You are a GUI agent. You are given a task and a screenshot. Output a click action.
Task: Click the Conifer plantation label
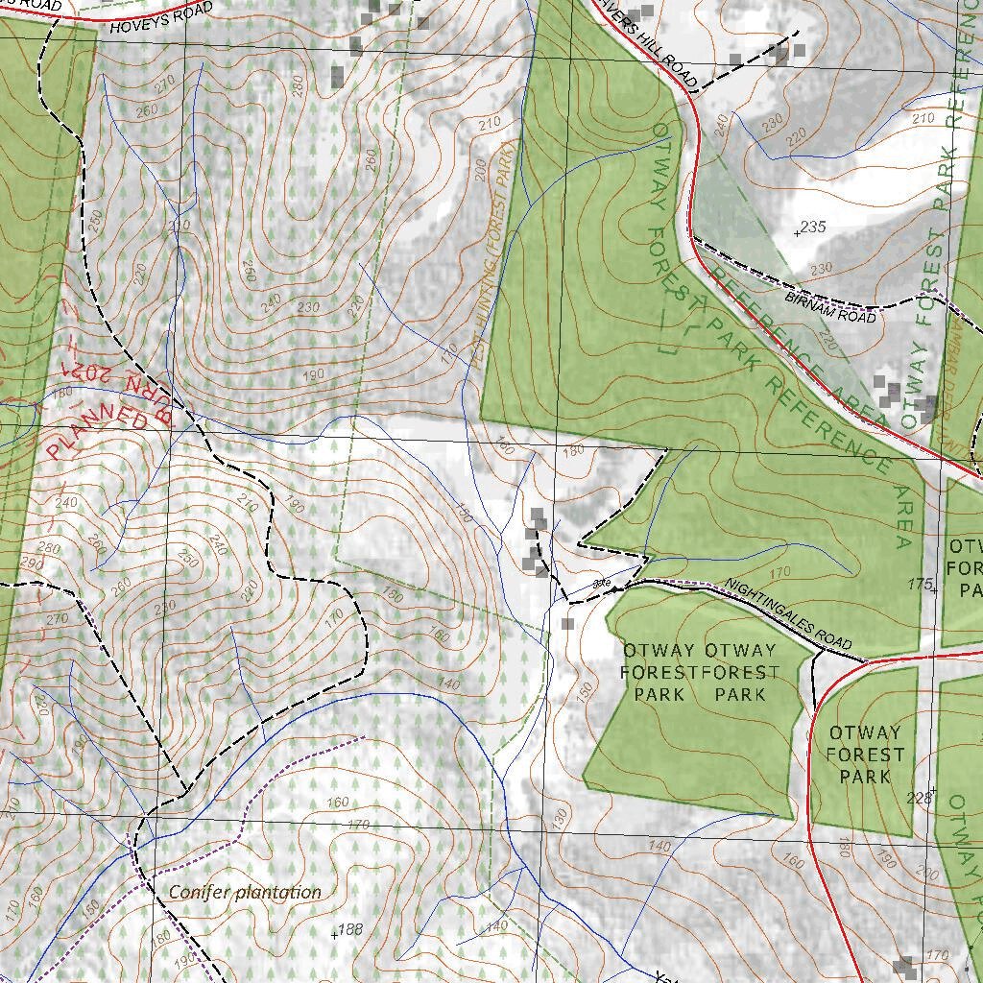pyautogui.click(x=245, y=892)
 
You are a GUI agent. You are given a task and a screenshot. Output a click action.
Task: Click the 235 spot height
pyautogui.click(x=811, y=227)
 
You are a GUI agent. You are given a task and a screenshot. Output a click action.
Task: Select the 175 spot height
pyautogui.click(x=921, y=584)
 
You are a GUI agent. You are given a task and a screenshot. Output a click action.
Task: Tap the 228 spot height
pyautogui.click(x=920, y=797)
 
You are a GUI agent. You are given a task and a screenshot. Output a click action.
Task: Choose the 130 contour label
pyautogui.click(x=560, y=820)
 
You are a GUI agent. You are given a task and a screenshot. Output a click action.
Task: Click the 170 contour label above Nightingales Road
pyautogui.click(x=779, y=573)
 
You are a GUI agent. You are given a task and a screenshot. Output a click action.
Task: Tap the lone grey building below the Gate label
pyautogui.click(x=567, y=624)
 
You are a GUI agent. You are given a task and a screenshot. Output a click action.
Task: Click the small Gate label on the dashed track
pyautogui.click(x=603, y=582)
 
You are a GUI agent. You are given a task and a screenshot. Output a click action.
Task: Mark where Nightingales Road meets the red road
pyautogui.click(x=867, y=660)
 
